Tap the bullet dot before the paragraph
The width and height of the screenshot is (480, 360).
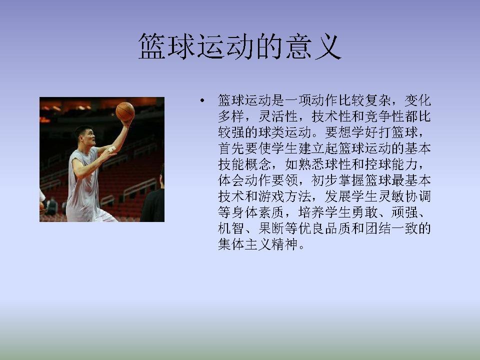click(202, 100)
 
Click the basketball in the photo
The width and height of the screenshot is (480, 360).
click(125, 111)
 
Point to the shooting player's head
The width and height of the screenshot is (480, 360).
click(85, 135)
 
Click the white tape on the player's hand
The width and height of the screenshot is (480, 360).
click(111, 149)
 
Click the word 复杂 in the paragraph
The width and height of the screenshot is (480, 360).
click(378, 100)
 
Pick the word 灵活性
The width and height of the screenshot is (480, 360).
click(278, 116)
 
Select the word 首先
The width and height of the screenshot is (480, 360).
click(231, 148)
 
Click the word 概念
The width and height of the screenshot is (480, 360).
click(258, 164)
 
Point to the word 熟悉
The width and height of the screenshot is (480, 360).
click(311, 164)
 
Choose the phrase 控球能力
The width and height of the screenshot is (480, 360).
click(391, 164)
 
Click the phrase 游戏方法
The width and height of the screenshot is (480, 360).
click(284, 196)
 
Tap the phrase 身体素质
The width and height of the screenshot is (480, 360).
click(258, 212)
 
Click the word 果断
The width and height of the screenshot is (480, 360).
click(271, 228)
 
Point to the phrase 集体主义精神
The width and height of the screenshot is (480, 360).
click(258, 244)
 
